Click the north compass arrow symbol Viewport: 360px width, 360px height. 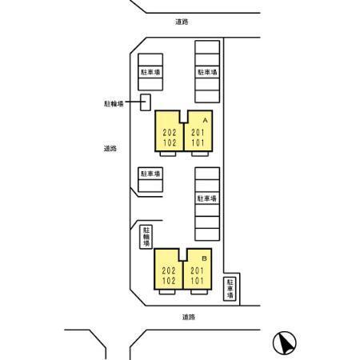(285, 343)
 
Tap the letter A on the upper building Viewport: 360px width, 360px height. (205, 121)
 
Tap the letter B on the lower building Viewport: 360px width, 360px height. (205, 258)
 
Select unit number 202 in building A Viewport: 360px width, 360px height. (170, 133)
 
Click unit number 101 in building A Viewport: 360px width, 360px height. (198, 142)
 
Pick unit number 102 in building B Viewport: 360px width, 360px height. (169, 281)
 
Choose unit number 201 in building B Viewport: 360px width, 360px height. (197, 270)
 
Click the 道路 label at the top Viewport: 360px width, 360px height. (182, 22)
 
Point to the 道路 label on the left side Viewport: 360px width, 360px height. (110, 149)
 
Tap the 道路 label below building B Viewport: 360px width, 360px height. (189, 317)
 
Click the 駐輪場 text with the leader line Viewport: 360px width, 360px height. (114, 103)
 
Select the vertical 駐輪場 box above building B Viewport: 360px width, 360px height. (146, 237)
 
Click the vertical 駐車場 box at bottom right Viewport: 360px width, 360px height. (230, 289)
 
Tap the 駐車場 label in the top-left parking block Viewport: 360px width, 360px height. (150, 72)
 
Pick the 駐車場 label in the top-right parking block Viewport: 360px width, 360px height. (207, 72)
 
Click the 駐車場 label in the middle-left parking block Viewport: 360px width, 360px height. (150, 174)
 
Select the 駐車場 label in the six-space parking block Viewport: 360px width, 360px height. (207, 198)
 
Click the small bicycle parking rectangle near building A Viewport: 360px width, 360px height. (146, 102)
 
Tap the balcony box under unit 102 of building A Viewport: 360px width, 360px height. (168, 154)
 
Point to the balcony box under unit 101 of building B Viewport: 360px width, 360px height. (199, 292)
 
